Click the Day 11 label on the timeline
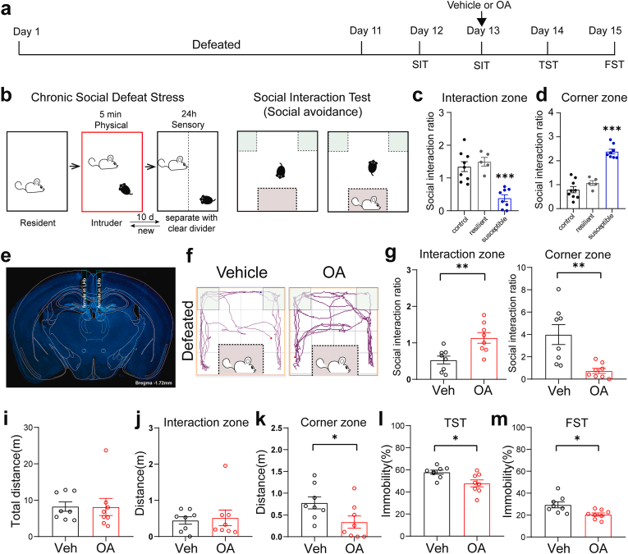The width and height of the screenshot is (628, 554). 364,30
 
